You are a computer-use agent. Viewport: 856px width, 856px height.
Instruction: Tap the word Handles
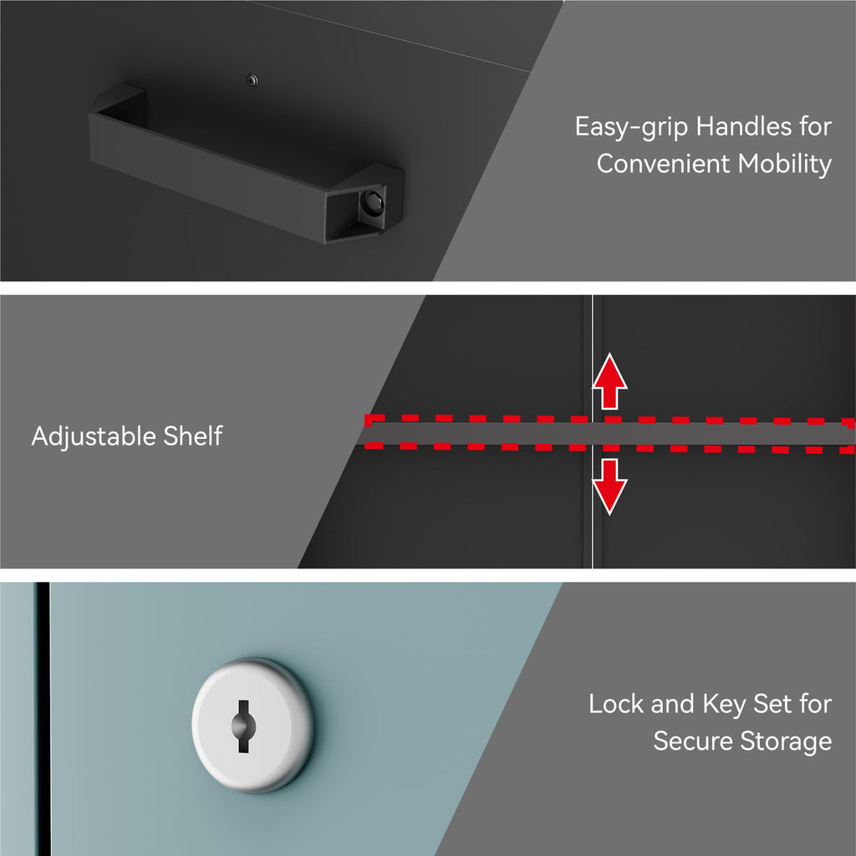click(744, 126)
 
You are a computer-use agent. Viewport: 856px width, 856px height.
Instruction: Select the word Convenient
click(663, 163)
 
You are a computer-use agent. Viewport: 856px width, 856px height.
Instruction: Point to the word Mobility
click(784, 165)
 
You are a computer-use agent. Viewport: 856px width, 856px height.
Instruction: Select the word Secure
click(692, 741)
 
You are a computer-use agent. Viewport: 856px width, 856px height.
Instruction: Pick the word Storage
click(786, 742)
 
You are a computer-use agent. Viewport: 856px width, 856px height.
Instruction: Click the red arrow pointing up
click(609, 381)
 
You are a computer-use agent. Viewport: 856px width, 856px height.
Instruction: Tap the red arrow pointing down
click(609, 487)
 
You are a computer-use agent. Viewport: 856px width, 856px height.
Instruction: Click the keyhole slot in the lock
click(243, 726)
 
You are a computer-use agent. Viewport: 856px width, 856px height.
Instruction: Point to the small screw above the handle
click(252, 80)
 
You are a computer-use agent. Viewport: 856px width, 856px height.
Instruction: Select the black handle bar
click(247, 164)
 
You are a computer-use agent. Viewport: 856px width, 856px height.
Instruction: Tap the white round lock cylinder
click(252, 725)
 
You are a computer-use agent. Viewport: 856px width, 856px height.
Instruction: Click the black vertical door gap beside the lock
click(43, 718)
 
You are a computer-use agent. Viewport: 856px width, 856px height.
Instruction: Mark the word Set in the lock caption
click(770, 703)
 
